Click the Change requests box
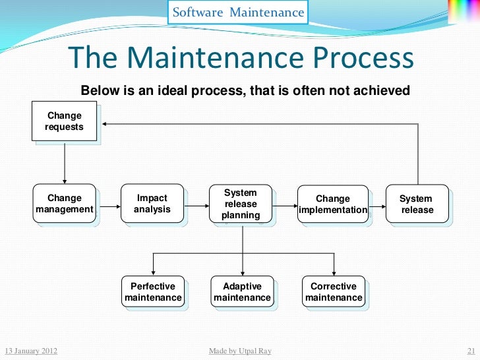coord(65,121)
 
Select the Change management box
coord(65,204)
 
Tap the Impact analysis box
coord(152,204)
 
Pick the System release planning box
coord(241,204)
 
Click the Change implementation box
coord(333,204)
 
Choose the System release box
coord(416,204)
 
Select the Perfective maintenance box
coord(153,292)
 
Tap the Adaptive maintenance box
coord(242,292)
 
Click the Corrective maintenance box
coord(334,292)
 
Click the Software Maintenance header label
coord(238,13)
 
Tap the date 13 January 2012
coord(30,351)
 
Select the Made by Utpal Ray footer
coord(239,351)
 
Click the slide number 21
coord(471,351)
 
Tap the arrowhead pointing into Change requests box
coord(105,123)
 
